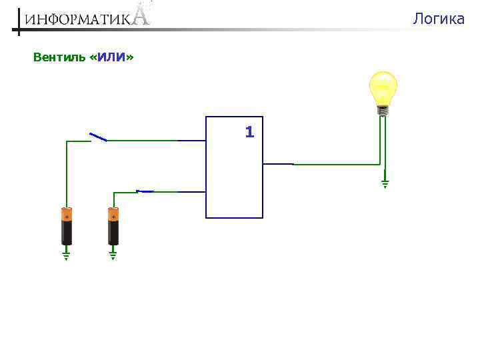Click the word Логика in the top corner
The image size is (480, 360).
click(438, 19)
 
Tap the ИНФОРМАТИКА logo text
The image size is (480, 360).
click(80, 19)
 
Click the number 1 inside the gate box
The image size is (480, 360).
click(249, 132)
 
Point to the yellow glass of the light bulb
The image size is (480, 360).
click(383, 87)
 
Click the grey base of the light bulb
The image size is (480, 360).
click(383, 111)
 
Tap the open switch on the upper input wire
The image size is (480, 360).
click(99, 137)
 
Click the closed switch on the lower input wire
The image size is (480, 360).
click(145, 191)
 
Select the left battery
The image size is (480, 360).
click(67, 227)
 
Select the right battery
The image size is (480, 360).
click(113, 227)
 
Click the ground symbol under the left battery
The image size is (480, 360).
click(67, 254)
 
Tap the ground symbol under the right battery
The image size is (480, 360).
click(113, 254)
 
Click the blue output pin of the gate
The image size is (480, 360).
click(279, 163)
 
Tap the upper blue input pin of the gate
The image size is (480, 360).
click(192, 141)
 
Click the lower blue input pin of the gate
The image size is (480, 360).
click(192, 192)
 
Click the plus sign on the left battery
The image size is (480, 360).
click(67, 217)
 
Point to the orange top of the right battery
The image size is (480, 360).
click(113, 215)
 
